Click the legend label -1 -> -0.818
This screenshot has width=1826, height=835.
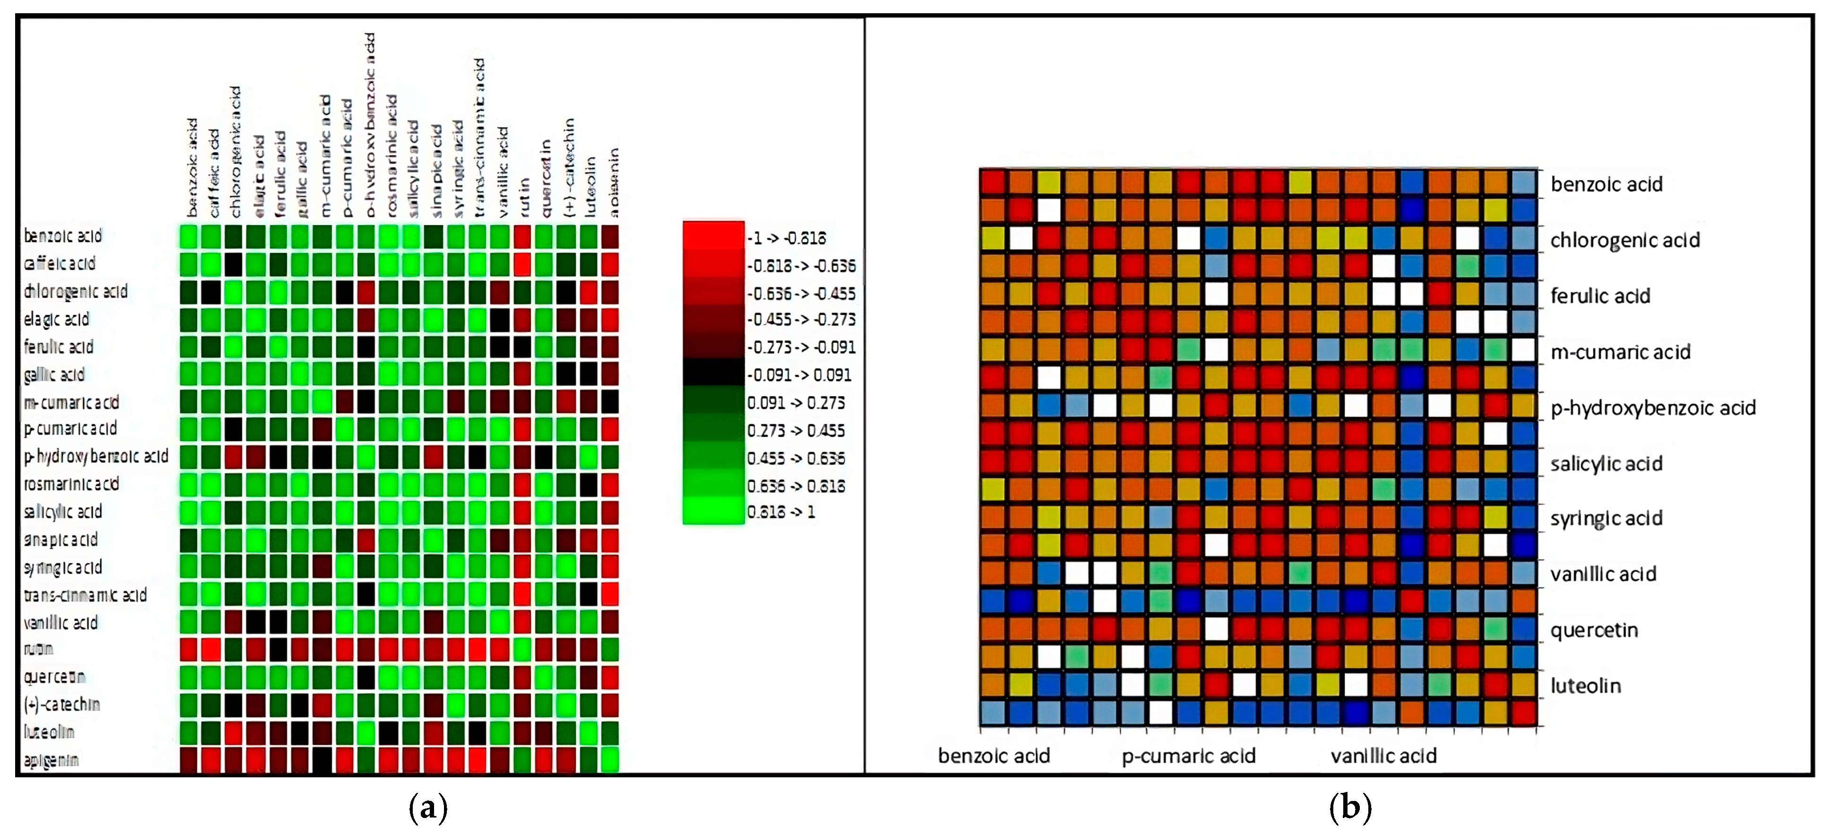tap(786, 238)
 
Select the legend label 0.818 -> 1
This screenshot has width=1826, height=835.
tap(781, 512)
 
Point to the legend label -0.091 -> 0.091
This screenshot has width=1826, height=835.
tap(799, 375)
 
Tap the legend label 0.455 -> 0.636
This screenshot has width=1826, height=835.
tap(795, 458)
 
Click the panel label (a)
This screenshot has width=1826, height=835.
tap(428, 807)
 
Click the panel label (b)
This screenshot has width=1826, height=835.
tap(1350, 807)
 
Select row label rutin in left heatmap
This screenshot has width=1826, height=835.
tap(38, 649)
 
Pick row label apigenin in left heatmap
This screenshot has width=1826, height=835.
tap(51, 760)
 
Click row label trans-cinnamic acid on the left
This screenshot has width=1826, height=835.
tap(85, 595)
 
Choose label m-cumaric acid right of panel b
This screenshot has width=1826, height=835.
tap(1620, 352)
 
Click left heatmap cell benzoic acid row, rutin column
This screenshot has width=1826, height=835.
tap(522, 236)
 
